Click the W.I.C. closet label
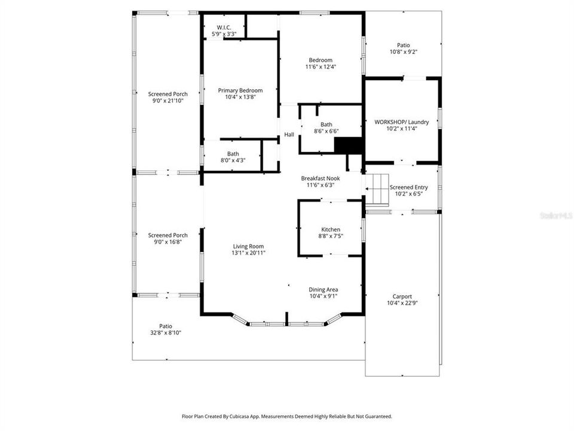[224, 28]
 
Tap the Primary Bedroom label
[240, 90]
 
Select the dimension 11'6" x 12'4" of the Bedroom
[320, 67]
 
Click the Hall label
[289, 135]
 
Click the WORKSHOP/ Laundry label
[401, 122]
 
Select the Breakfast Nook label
[320, 178]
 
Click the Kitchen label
[331, 230]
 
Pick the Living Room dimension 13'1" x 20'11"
[248, 253]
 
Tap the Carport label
[402, 296]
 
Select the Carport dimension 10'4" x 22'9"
[402, 303]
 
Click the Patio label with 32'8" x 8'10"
[166, 326]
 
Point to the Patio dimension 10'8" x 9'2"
[404, 52]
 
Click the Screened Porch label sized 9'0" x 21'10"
[168, 94]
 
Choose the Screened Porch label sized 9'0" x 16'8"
[168, 235]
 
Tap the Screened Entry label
[409, 187]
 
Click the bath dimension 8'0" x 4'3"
[233, 160]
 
